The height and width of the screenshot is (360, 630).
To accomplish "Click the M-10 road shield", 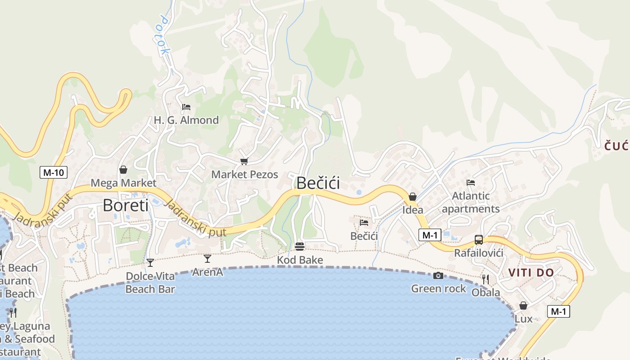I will (53, 172).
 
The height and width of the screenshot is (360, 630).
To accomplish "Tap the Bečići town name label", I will (318, 183).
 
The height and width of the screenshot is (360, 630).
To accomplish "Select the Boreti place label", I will (126, 205).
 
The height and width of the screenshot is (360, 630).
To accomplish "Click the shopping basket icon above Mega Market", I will (123, 170).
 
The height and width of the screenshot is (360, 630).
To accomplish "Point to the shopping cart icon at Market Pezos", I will (244, 161).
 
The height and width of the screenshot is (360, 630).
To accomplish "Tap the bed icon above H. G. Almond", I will (186, 107).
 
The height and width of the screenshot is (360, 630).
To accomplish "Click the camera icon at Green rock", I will (438, 275).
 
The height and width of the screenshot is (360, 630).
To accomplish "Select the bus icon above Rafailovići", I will (479, 240).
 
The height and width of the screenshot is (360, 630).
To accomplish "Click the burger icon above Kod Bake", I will (300, 247).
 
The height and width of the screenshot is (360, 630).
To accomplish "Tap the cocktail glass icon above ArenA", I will (207, 259).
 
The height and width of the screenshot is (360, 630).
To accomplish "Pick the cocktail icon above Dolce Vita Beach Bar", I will (150, 262).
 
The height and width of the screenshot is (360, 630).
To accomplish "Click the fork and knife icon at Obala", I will (486, 279).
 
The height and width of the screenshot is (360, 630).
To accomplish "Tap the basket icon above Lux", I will (523, 306).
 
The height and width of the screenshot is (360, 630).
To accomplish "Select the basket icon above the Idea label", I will (412, 197).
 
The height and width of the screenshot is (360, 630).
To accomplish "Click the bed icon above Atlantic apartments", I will (471, 183).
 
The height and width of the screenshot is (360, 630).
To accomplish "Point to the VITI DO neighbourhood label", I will (531, 272).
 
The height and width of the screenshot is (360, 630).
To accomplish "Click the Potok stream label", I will (164, 36).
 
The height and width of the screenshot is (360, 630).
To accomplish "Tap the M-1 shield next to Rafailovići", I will (429, 234).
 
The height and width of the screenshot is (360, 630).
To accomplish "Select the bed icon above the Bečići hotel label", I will (364, 222).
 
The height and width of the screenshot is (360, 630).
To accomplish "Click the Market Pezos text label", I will (245, 175).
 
